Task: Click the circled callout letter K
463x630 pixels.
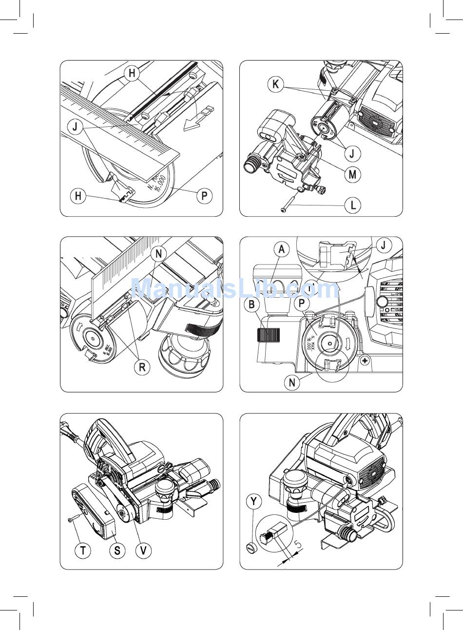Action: (x=276, y=84)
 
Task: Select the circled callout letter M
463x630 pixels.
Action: (x=352, y=174)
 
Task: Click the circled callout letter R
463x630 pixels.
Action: (x=142, y=367)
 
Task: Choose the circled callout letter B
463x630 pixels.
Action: (x=252, y=305)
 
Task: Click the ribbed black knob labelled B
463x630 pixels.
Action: (x=268, y=336)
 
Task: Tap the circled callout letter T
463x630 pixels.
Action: (x=83, y=550)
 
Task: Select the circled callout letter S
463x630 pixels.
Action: (x=117, y=550)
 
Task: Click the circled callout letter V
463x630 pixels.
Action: (x=143, y=550)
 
